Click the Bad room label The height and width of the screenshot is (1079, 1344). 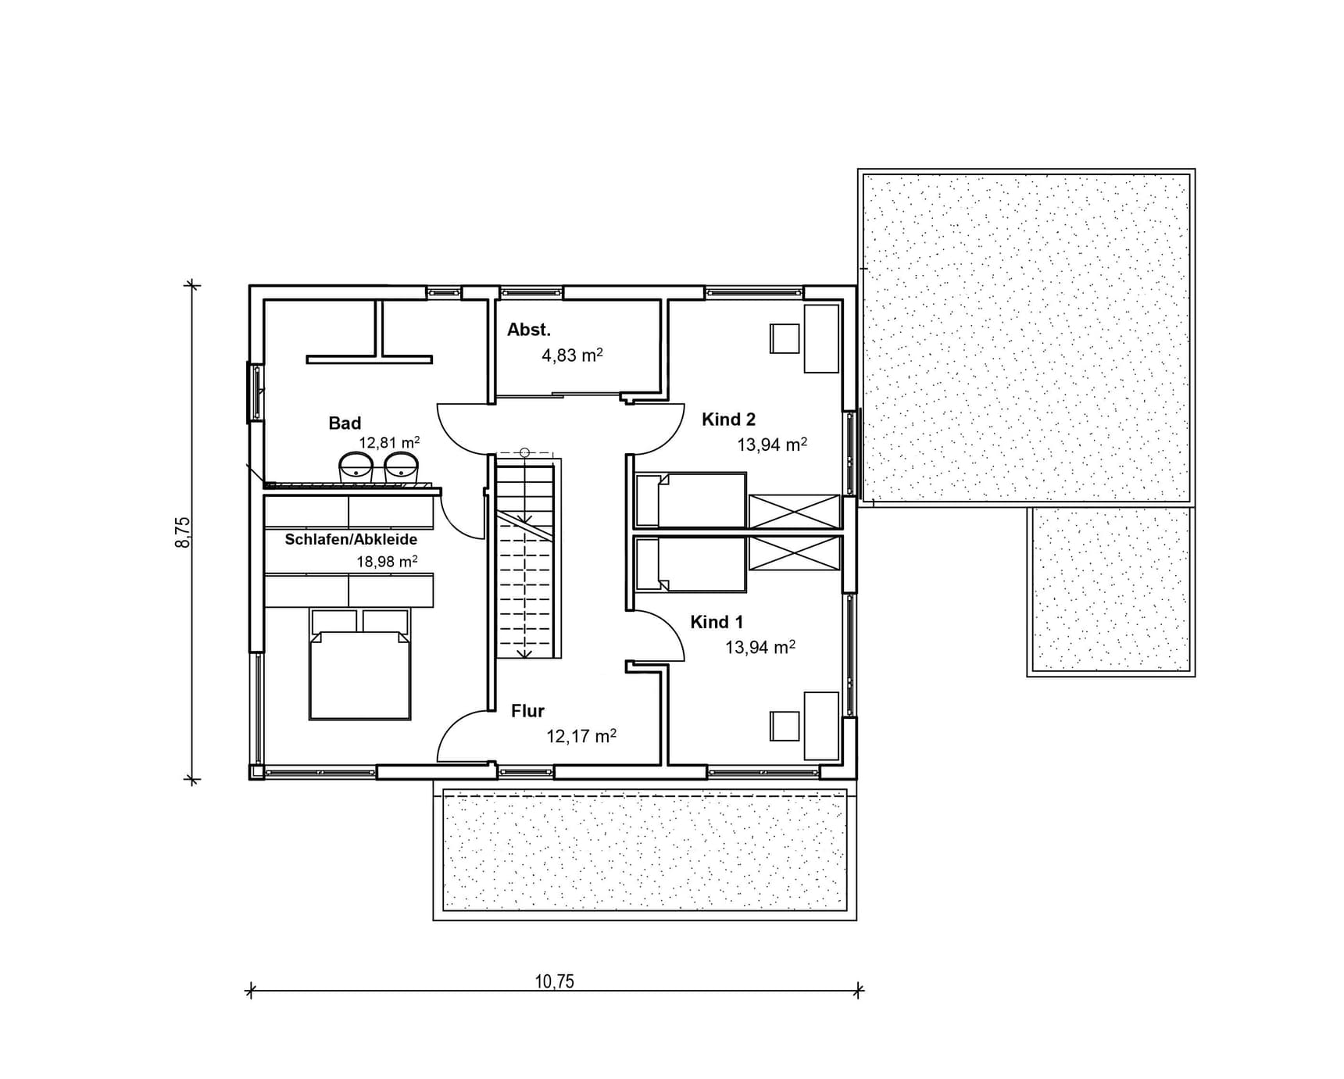(345, 423)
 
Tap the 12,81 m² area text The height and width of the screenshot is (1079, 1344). (389, 442)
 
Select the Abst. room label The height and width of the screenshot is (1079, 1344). (529, 330)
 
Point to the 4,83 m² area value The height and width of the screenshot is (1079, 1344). (572, 355)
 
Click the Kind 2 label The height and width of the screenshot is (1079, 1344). (728, 420)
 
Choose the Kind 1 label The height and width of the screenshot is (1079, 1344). (717, 622)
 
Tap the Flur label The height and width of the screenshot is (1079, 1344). (527, 711)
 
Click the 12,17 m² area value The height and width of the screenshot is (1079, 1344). (581, 736)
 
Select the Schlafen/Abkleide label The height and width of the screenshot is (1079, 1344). (351, 539)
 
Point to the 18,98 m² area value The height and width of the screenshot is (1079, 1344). (387, 561)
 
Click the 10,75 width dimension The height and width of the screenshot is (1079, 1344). (555, 981)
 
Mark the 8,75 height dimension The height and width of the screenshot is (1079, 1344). (182, 532)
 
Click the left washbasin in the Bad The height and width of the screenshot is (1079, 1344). (356, 468)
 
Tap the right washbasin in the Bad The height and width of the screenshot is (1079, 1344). (401, 468)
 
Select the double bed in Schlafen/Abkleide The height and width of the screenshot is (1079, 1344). (359, 664)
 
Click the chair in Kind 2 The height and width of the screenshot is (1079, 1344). (785, 338)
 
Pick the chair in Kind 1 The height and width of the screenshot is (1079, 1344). (785, 726)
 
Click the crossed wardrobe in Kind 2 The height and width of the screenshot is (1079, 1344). (795, 512)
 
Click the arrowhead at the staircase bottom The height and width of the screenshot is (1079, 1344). (524, 652)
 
